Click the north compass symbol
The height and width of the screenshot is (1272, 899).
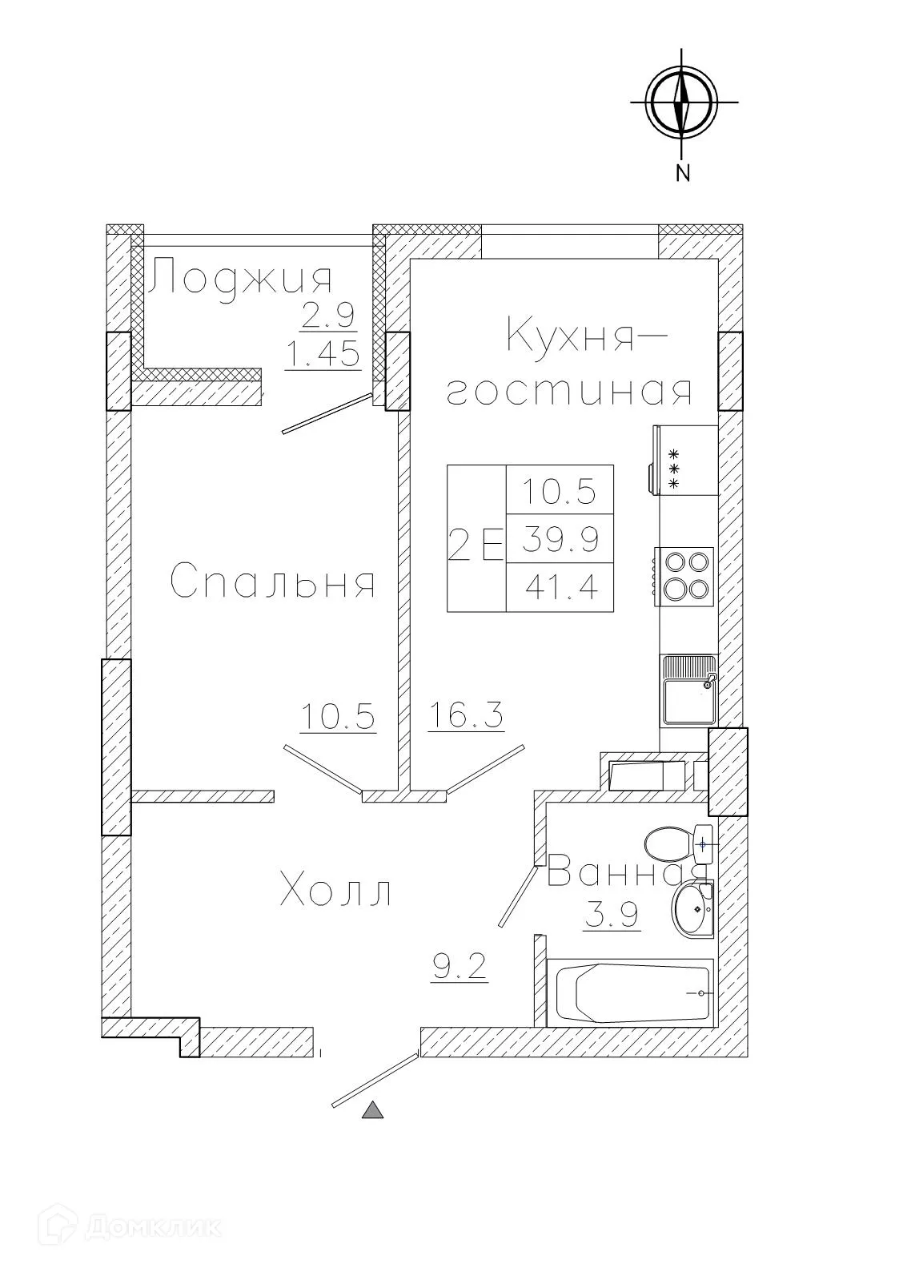tap(682, 103)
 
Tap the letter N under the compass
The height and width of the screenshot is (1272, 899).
tap(683, 173)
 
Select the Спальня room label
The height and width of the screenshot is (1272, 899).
tap(273, 581)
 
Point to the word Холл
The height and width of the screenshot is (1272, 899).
tap(336, 892)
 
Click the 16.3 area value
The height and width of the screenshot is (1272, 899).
tap(466, 714)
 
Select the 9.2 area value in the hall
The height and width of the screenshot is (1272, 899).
tap(460, 968)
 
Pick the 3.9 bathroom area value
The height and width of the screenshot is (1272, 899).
tap(612, 915)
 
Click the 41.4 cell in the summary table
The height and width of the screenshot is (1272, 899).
tap(561, 589)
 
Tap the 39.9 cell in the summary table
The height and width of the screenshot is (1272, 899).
tap(561, 540)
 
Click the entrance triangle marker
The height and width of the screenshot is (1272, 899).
tap(373, 1110)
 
